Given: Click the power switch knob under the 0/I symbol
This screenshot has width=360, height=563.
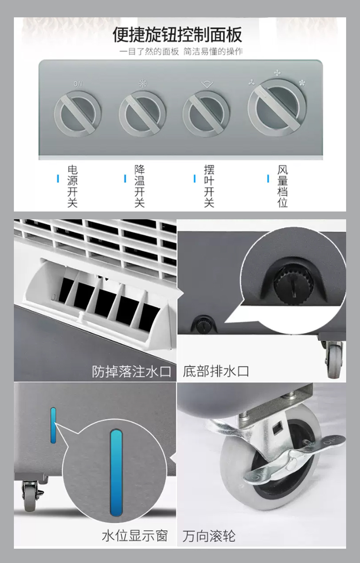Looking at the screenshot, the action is [x=78, y=114].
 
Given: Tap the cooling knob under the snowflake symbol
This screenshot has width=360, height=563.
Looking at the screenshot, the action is [x=142, y=114].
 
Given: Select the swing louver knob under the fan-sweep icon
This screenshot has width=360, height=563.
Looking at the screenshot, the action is [x=206, y=114].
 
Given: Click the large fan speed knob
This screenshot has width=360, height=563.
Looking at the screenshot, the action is [x=277, y=107].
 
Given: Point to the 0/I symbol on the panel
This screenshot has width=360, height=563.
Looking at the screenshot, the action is [x=78, y=84].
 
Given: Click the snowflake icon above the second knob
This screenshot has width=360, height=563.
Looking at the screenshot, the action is [x=143, y=84].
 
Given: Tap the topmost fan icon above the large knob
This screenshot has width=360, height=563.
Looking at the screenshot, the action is [x=277, y=73].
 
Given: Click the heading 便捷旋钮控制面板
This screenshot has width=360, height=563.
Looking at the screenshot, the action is [x=177, y=34].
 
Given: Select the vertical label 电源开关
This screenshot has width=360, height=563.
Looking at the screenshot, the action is [x=72, y=186].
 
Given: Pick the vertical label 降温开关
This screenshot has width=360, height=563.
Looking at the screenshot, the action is [x=139, y=186].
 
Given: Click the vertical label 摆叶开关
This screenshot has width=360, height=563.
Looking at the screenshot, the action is [x=209, y=186].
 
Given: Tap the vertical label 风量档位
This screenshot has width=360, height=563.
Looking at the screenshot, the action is [x=282, y=186].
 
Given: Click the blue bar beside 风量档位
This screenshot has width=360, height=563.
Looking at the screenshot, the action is [x=268, y=179].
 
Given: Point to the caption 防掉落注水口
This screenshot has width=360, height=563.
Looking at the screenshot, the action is [x=131, y=372].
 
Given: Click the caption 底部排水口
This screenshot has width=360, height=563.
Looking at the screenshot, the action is [x=216, y=371].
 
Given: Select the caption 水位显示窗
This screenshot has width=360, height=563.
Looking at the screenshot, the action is [x=135, y=535].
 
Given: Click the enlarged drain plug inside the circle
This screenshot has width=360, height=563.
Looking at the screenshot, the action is [x=293, y=284].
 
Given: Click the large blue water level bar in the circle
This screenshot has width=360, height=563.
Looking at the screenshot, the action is [x=116, y=473].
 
